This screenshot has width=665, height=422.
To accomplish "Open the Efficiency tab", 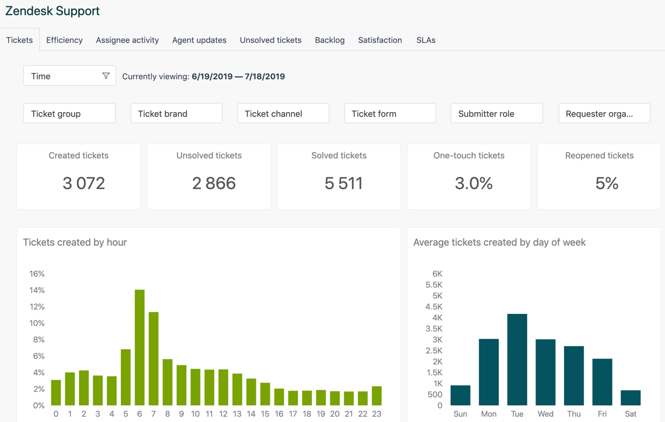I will (64, 40).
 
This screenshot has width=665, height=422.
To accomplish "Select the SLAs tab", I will (426, 40).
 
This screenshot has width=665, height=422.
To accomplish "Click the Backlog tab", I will (329, 40).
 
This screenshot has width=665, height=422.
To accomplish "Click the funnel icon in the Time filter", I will (106, 76).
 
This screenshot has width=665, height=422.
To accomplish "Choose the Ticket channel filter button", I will (283, 113).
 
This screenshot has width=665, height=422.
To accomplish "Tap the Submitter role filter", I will (496, 113).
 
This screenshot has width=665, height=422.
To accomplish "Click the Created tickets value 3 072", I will (84, 183).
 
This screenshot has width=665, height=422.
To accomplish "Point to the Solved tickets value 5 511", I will (344, 183).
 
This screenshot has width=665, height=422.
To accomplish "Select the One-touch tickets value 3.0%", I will (474, 183).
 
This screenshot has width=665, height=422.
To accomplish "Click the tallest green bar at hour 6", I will (140, 347).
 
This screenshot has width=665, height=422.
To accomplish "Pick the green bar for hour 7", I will (154, 358).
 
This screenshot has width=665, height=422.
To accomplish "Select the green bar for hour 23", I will (377, 396).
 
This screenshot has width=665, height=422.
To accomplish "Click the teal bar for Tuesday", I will (517, 360).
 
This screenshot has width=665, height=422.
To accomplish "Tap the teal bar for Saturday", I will (630, 398).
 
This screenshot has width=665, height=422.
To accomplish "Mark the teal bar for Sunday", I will (460, 395).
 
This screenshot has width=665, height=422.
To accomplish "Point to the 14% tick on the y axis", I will (37, 290).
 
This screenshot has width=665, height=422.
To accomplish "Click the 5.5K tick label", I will (433, 285).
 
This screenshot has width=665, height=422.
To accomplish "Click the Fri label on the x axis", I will (602, 414).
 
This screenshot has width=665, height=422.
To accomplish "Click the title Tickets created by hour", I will (75, 242).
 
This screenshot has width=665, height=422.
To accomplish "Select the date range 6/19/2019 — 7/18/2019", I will (238, 76).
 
